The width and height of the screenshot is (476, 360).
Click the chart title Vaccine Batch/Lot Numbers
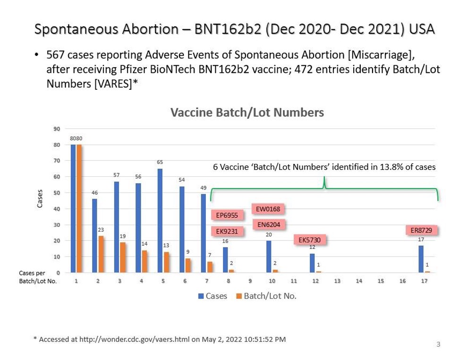(247, 113)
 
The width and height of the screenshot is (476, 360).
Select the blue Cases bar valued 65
(161, 220)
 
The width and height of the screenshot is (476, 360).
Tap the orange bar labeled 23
(101, 254)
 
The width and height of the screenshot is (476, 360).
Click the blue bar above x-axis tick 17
(421, 259)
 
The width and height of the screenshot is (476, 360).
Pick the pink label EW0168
(268, 209)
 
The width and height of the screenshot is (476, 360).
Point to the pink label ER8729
(421, 231)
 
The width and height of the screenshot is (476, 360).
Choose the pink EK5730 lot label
(309, 240)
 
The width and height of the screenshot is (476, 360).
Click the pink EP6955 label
(227, 215)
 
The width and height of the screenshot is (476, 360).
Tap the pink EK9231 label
(227, 231)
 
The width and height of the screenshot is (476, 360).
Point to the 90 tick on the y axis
(57, 129)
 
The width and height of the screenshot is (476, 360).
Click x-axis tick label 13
(337, 281)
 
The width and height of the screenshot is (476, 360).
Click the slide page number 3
(438, 344)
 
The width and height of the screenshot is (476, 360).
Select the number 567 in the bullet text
(55, 55)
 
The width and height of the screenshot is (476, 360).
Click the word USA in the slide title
(422, 29)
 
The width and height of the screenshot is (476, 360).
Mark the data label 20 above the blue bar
(269, 235)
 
